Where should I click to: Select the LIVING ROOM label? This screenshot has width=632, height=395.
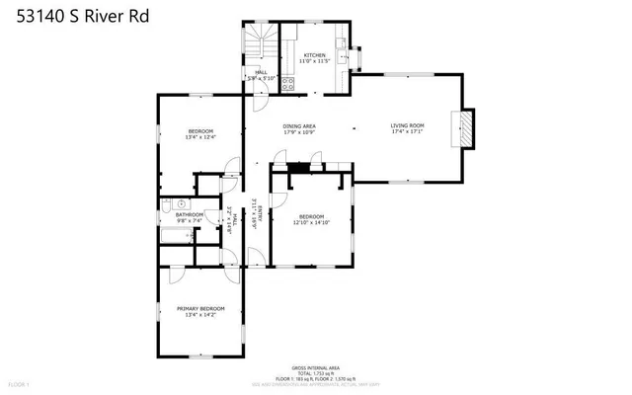pyautogui.click(x=407, y=125)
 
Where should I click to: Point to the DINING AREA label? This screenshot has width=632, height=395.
pyautogui.click(x=299, y=126)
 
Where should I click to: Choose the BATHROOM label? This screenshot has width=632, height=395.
pyautogui.click(x=190, y=214)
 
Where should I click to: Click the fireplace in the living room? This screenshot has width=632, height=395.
pyautogui.click(x=461, y=128)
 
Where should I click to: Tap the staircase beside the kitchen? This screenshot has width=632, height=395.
pyautogui.click(x=260, y=44)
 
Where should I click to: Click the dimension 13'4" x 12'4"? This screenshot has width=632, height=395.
pyautogui.click(x=199, y=137)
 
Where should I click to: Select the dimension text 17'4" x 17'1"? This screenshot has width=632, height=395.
pyautogui.click(x=407, y=131)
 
